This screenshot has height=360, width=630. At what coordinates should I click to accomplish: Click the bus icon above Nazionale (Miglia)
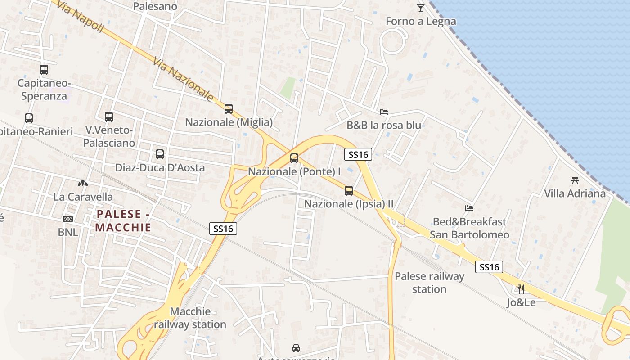click(x=229, y=108)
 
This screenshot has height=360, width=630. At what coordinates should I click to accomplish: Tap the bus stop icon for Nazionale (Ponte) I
click(x=294, y=158)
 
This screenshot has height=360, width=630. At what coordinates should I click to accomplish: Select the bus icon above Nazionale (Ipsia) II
click(x=349, y=190)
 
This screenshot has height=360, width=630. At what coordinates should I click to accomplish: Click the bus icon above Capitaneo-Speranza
click(x=44, y=70)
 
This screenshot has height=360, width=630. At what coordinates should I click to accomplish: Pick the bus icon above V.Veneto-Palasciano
click(x=109, y=117)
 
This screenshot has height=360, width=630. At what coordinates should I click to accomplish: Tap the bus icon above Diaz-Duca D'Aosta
click(x=160, y=154)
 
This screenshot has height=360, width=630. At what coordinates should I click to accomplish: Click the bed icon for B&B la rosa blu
click(x=384, y=112)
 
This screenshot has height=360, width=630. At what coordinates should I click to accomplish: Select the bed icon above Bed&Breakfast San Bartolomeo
click(x=469, y=208)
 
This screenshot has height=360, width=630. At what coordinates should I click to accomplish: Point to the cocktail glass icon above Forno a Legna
click(x=421, y=8)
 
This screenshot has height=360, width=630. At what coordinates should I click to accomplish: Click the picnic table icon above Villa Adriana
click(x=575, y=180)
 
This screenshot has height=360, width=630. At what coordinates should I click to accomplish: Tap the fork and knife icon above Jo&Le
click(x=521, y=289)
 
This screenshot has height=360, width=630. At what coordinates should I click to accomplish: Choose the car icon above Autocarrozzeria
click(x=296, y=348)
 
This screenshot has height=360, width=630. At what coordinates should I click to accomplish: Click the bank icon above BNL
click(x=68, y=219)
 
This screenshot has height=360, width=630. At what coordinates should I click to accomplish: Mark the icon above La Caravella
click(x=83, y=183)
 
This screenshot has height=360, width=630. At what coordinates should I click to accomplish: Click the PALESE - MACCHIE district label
click(x=123, y=220)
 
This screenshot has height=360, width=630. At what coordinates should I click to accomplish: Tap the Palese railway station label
click(x=429, y=283)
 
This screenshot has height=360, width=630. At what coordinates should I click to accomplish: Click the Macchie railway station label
click(x=190, y=318)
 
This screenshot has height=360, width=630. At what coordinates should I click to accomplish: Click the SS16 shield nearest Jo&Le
click(x=489, y=267)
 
